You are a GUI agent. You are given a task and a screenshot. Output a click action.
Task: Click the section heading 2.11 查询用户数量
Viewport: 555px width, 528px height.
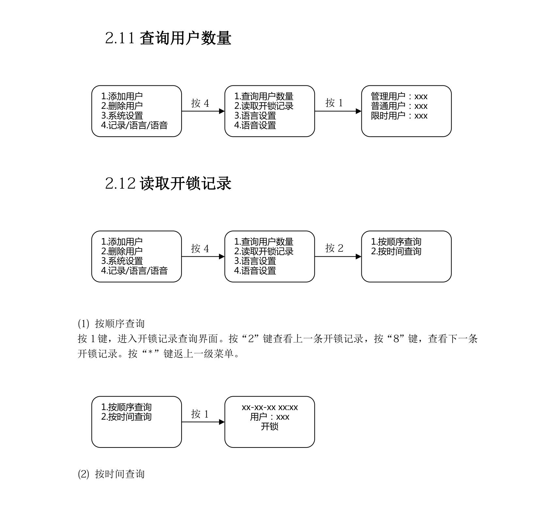pyautogui.click(x=168, y=38)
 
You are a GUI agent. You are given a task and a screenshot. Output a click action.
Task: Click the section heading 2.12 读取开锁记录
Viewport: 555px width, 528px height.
pyautogui.click(x=168, y=183)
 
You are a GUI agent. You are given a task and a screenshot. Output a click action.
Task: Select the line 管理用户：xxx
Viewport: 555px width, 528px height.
pyautogui.click(x=399, y=97)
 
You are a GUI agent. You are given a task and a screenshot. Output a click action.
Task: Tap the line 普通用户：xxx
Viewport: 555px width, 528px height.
pyautogui.click(x=399, y=106)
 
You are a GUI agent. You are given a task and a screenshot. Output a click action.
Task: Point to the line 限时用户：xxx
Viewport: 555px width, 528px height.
pyautogui.click(x=399, y=116)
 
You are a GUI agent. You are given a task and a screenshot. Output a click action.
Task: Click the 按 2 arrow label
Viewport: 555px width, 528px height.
pyautogui.click(x=334, y=248)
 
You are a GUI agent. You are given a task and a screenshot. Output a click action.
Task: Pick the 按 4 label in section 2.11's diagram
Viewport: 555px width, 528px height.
pyautogui.click(x=200, y=103)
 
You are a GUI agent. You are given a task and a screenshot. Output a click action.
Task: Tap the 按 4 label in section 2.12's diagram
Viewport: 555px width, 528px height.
pyautogui.click(x=200, y=249)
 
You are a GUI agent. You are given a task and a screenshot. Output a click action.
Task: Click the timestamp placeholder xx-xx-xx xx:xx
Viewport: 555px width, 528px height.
pyautogui.click(x=270, y=407)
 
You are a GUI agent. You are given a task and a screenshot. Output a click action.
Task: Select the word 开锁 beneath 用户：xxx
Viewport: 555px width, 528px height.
pyautogui.click(x=270, y=427)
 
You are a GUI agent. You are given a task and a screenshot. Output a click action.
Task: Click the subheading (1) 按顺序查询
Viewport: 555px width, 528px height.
pyautogui.click(x=111, y=324)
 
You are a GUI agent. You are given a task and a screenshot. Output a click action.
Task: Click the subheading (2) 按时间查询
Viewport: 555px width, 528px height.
pyautogui.click(x=111, y=474)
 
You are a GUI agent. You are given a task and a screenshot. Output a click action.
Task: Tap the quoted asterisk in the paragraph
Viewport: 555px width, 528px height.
pyautogui.click(x=151, y=354)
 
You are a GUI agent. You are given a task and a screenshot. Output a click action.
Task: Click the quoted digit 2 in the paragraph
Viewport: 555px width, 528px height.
pyautogui.click(x=251, y=339)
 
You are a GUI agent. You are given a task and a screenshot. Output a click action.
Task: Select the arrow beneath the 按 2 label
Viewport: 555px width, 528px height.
pyautogui.click(x=338, y=257)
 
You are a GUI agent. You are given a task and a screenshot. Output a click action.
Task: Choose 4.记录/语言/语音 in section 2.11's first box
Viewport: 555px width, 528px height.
pyautogui.click(x=134, y=125)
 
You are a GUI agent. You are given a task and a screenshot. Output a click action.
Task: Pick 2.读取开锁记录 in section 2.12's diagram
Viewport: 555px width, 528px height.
pyautogui.click(x=264, y=251)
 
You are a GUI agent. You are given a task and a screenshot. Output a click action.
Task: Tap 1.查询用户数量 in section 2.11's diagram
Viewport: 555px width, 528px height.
pyautogui.click(x=264, y=97)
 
